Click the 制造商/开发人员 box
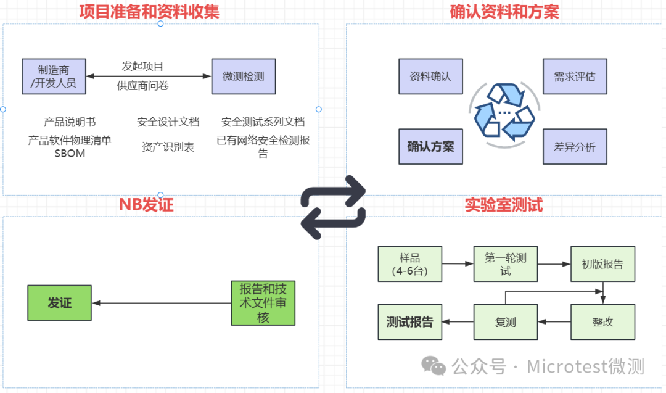54,77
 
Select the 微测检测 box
244,77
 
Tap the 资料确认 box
430,77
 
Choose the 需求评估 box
575,77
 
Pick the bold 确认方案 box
430,146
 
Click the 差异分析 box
575,146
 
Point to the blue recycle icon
503,111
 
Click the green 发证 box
60,303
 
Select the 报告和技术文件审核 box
263,303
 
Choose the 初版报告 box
602,264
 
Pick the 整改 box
602,322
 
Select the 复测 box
506,322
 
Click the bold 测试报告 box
409,322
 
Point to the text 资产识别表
168,147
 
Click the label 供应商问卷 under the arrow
143,86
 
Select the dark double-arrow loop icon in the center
333,207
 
